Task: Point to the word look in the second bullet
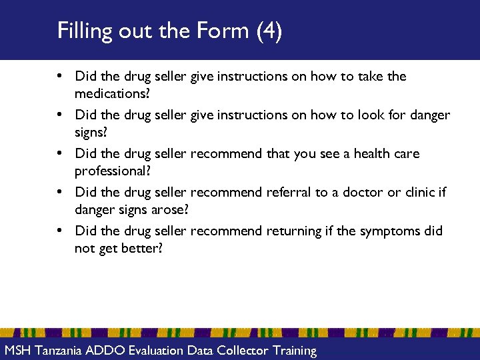(x=375, y=115)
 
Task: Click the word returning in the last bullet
(x=294, y=231)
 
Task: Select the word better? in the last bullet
(x=141, y=249)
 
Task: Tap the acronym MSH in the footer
(x=18, y=351)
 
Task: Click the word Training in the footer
(x=291, y=351)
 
